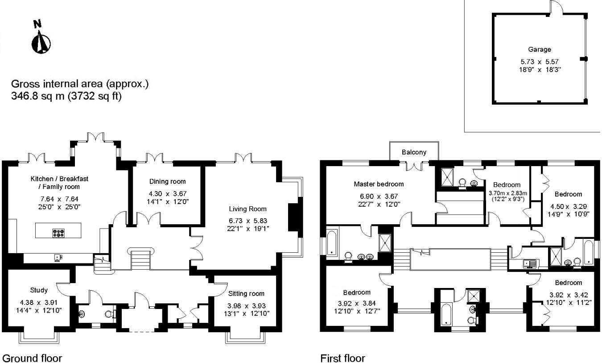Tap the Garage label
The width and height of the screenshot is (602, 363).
539,50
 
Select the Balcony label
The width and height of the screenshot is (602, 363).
414,152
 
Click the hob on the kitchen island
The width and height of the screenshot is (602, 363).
59,232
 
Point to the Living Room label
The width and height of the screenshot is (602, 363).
247,209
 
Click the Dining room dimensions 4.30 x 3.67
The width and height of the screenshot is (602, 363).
167,194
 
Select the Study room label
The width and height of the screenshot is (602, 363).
39,290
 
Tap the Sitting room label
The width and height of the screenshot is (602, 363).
246,293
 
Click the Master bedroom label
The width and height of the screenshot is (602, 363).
379,184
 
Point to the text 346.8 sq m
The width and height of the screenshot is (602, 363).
37,96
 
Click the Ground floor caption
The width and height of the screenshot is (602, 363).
32,358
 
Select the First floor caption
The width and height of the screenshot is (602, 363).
342,358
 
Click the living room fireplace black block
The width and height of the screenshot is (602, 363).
293,217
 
